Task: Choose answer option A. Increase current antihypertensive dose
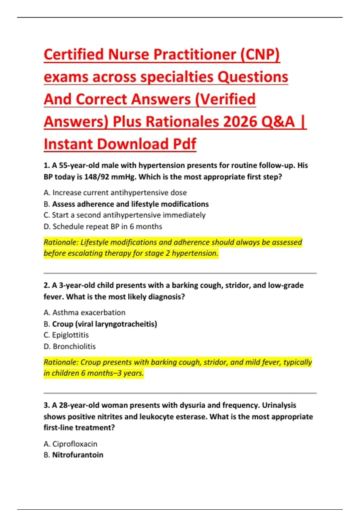click(115, 193)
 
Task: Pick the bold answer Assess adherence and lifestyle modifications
click(130, 204)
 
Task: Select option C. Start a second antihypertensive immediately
click(124, 215)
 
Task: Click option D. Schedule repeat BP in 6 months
click(103, 226)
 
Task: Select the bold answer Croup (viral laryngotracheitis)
click(104, 324)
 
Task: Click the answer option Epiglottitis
click(70, 335)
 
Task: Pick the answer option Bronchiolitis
click(74, 346)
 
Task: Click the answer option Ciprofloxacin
click(75, 444)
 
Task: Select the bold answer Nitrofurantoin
click(78, 455)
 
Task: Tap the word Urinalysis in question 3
click(279, 405)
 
